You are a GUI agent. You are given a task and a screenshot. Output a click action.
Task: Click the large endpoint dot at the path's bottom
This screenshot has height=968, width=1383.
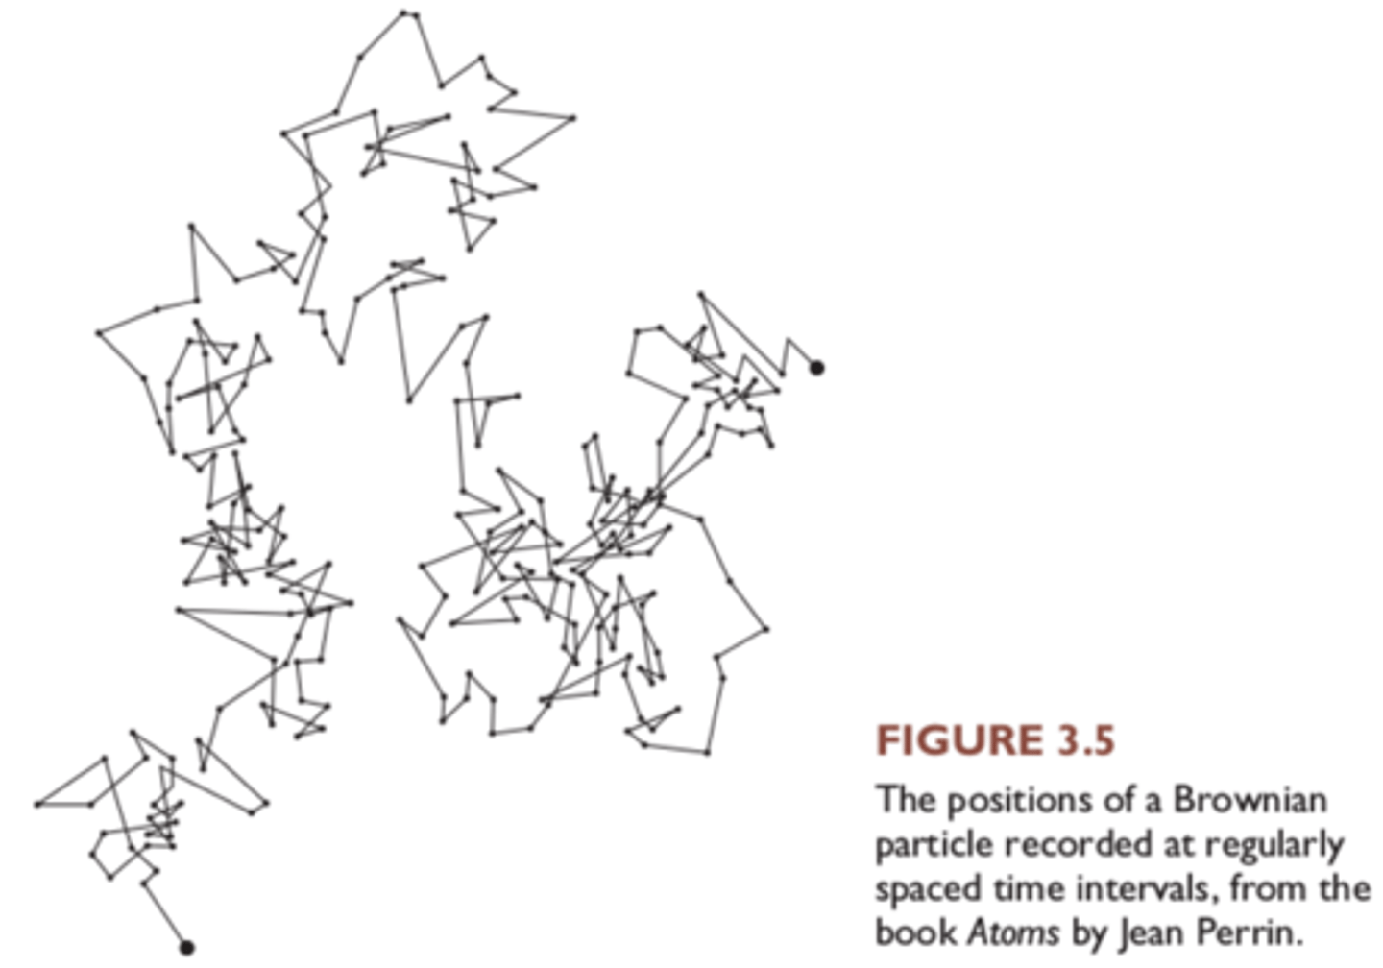(x=186, y=947)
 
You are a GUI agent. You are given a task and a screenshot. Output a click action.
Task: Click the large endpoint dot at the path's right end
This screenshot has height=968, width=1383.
(x=816, y=368)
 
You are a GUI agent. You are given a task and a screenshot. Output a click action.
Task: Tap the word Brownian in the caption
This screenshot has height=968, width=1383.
(x=1250, y=800)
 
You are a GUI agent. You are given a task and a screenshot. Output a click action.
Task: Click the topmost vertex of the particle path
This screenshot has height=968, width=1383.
(x=403, y=12)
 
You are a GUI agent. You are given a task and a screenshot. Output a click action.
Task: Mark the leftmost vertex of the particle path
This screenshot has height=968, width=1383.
(x=37, y=805)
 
